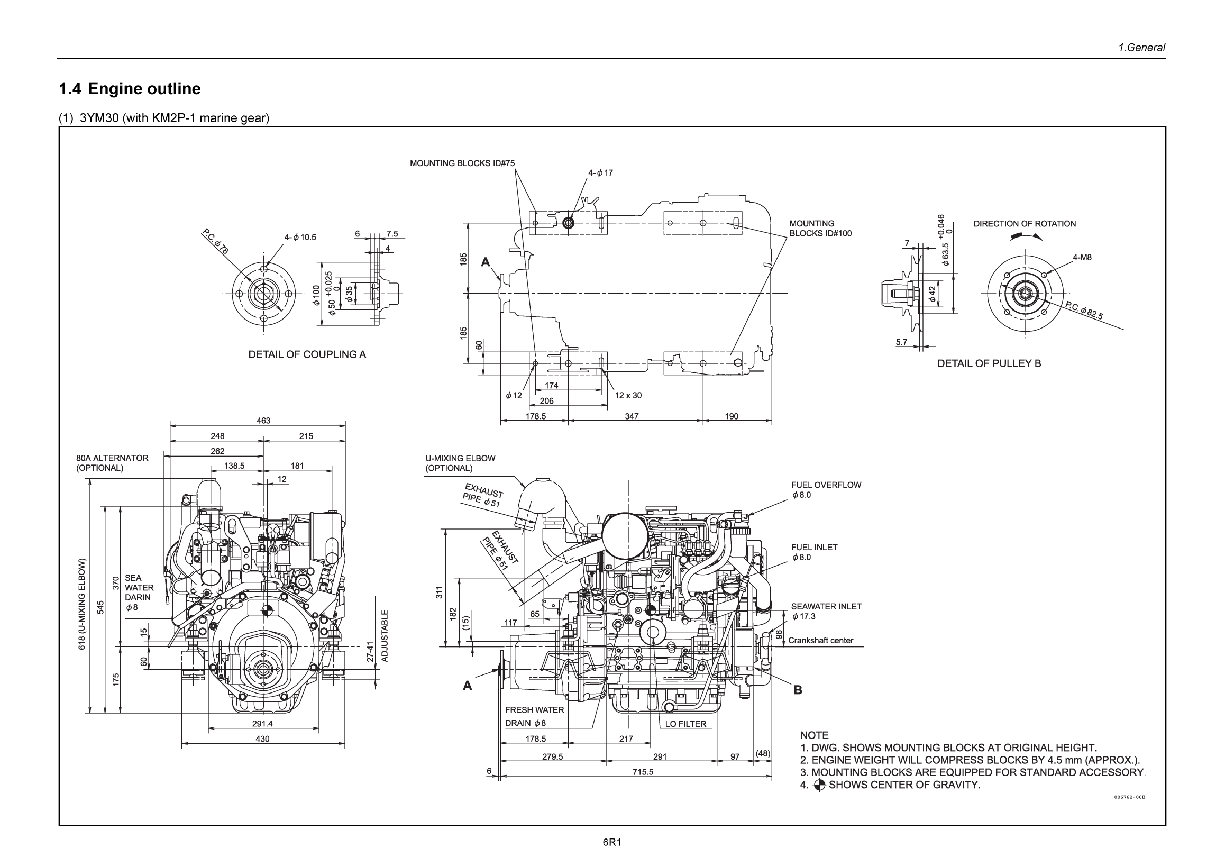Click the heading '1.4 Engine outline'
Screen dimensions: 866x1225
coord(130,88)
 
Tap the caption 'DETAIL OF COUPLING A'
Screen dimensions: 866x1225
coord(307,354)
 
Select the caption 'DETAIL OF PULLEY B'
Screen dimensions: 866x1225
coord(989,363)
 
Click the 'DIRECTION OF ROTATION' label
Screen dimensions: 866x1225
coord(1024,224)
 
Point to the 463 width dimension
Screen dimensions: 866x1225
coord(263,421)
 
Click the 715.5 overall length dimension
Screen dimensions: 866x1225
coord(642,771)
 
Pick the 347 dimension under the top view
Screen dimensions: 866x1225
coord(631,416)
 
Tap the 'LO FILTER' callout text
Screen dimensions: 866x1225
coord(685,724)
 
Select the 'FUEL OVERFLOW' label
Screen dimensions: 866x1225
coord(825,485)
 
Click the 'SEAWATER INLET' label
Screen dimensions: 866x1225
coord(826,607)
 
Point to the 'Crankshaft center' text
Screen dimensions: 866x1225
coord(820,640)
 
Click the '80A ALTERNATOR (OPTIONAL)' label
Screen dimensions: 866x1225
coord(112,462)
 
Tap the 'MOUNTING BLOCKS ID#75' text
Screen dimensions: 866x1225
coord(462,163)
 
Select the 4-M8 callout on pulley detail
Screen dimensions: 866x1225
coord(1082,257)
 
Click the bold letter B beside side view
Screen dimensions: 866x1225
coord(798,690)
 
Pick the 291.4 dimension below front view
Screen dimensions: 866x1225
coord(262,724)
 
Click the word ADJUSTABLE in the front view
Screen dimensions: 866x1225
coord(385,635)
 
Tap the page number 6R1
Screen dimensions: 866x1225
coord(612,843)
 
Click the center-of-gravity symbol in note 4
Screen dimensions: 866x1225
coord(819,785)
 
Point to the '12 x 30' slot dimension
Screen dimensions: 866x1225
coord(628,395)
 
